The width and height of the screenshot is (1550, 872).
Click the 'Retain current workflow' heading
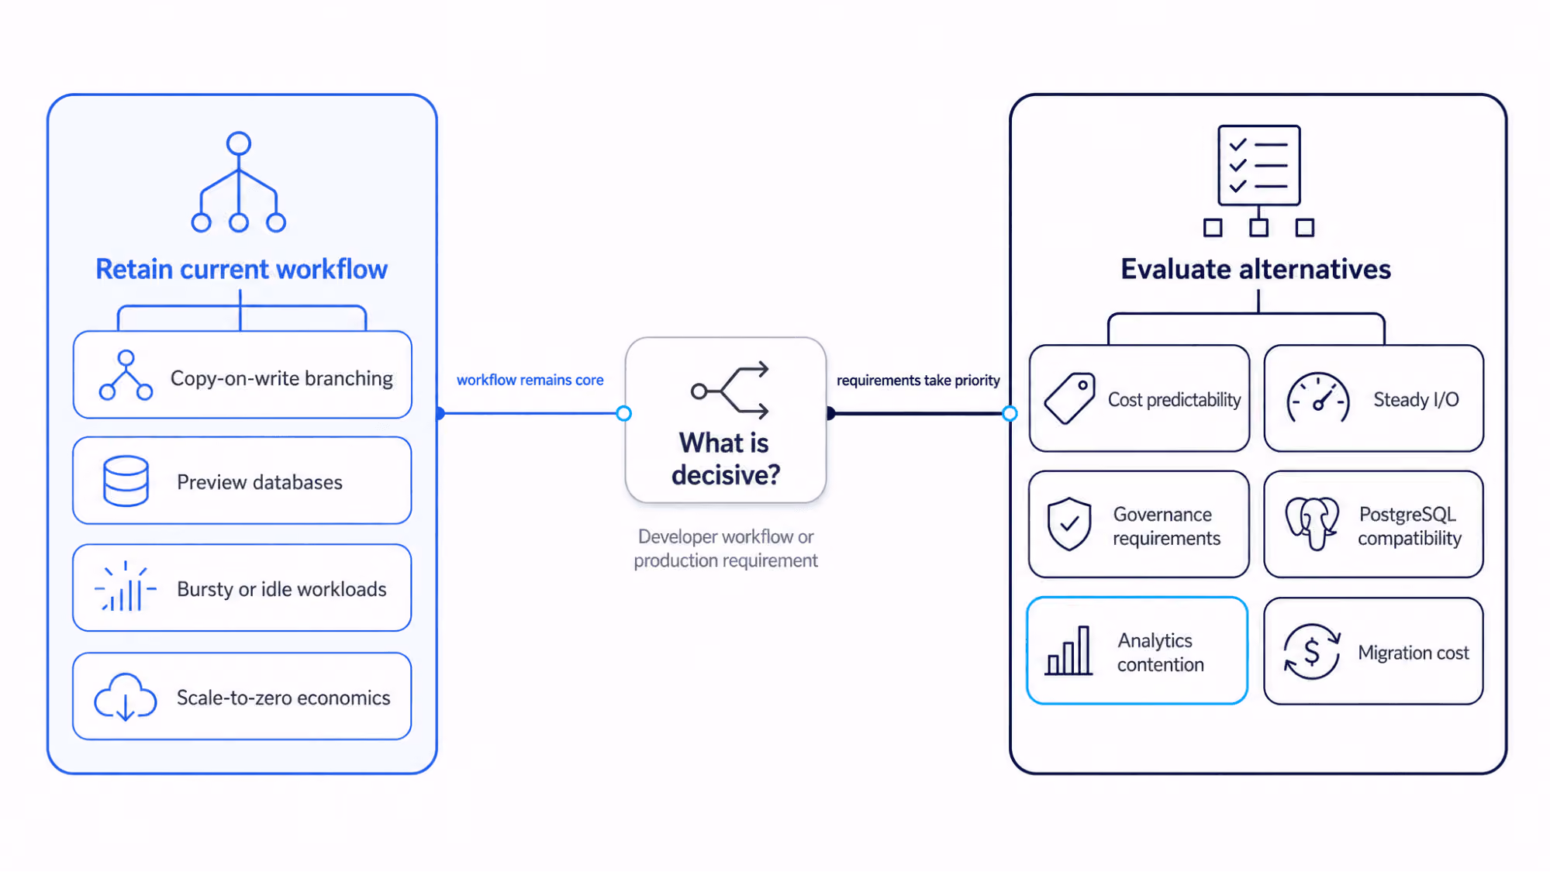[x=241, y=269]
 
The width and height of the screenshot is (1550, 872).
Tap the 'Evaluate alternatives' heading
[x=1255, y=269]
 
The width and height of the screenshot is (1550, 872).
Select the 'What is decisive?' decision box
[x=726, y=419]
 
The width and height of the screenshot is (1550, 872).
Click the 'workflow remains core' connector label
[x=530, y=380]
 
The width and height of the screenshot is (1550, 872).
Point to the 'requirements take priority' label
[x=918, y=381]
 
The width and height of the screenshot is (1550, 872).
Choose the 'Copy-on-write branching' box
[x=242, y=375]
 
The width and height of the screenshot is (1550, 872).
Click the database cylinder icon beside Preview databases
[x=126, y=481]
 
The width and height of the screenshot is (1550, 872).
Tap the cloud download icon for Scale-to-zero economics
[x=125, y=696]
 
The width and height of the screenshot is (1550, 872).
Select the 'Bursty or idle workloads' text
[x=281, y=589]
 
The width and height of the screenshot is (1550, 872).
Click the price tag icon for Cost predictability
[x=1069, y=398]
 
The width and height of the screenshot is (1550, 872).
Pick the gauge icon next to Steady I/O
[x=1317, y=398]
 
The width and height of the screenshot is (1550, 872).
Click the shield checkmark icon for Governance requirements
[x=1068, y=524]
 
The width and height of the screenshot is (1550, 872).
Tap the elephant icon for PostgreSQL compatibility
[x=1312, y=523]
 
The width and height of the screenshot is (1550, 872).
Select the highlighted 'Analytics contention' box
[x=1137, y=650]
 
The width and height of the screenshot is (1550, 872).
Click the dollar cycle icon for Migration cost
[x=1312, y=652]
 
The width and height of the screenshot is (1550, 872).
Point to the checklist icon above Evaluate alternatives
[x=1258, y=181]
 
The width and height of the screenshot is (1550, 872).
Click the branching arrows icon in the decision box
[x=730, y=390]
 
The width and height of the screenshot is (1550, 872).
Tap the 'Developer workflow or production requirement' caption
[x=726, y=548]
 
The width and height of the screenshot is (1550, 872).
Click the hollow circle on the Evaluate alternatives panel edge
[x=1010, y=413]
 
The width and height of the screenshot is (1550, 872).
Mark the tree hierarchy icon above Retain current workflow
[x=239, y=182]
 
